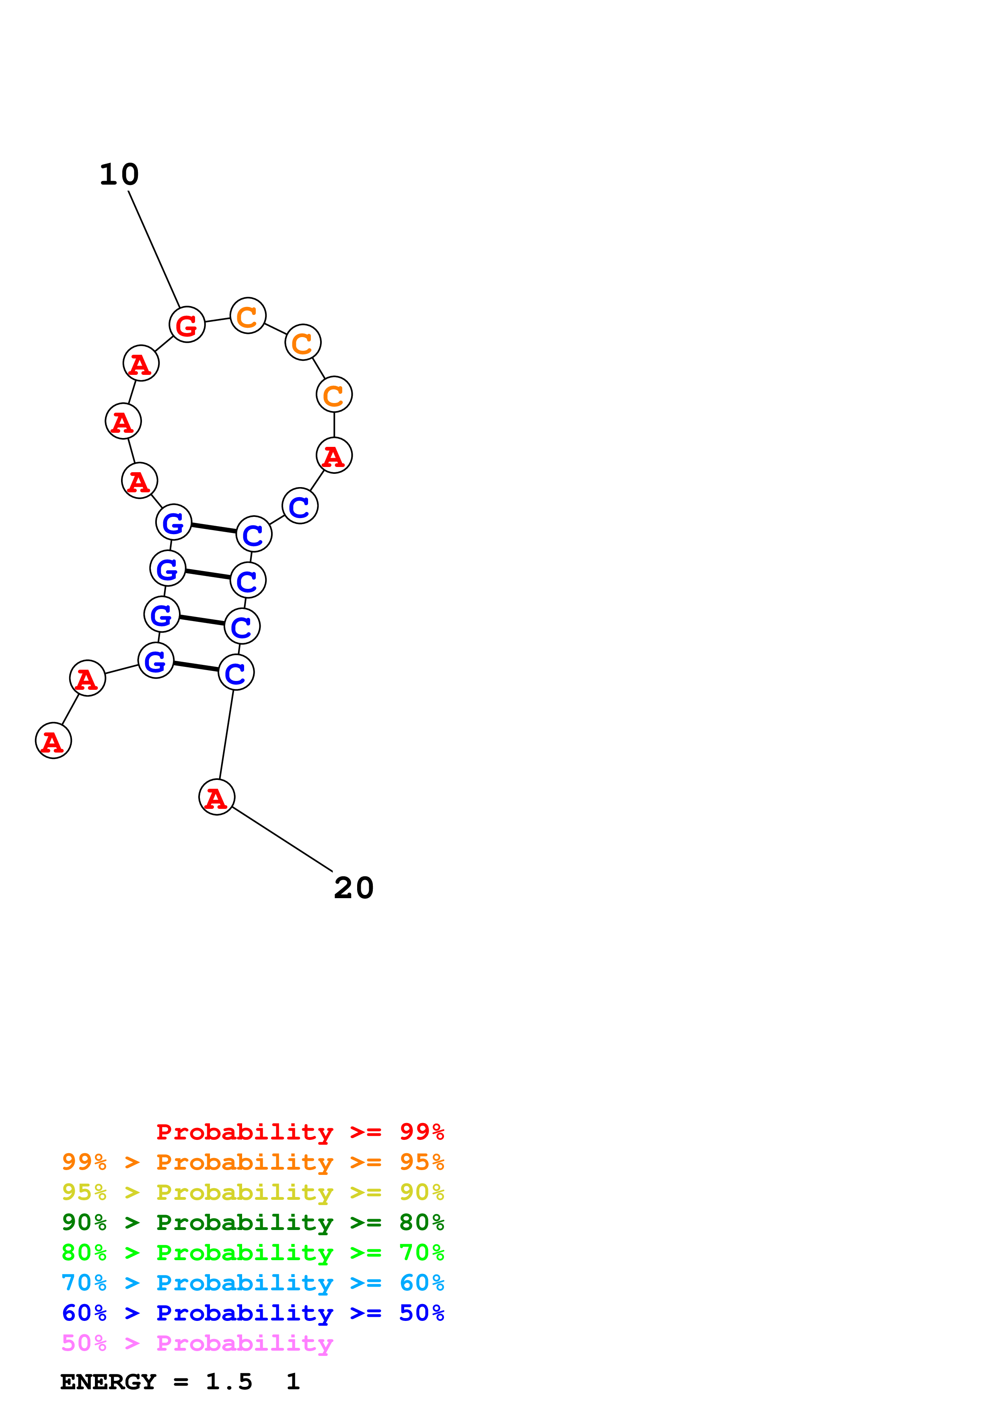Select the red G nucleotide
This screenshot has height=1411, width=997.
[x=187, y=325]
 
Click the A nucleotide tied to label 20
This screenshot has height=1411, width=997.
[x=216, y=797]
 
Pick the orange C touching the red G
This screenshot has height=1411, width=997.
[x=248, y=316]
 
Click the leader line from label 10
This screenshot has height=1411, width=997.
[x=154, y=249]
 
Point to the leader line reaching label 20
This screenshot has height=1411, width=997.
[x=283, y=839]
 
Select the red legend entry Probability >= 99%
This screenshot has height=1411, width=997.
[x=300, y=1132]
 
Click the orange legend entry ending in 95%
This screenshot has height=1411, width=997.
[x=253, y=1162]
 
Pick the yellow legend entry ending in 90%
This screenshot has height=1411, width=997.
[x=253, y=1192]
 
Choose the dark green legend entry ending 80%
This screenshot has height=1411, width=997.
[x=253, y=1222]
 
